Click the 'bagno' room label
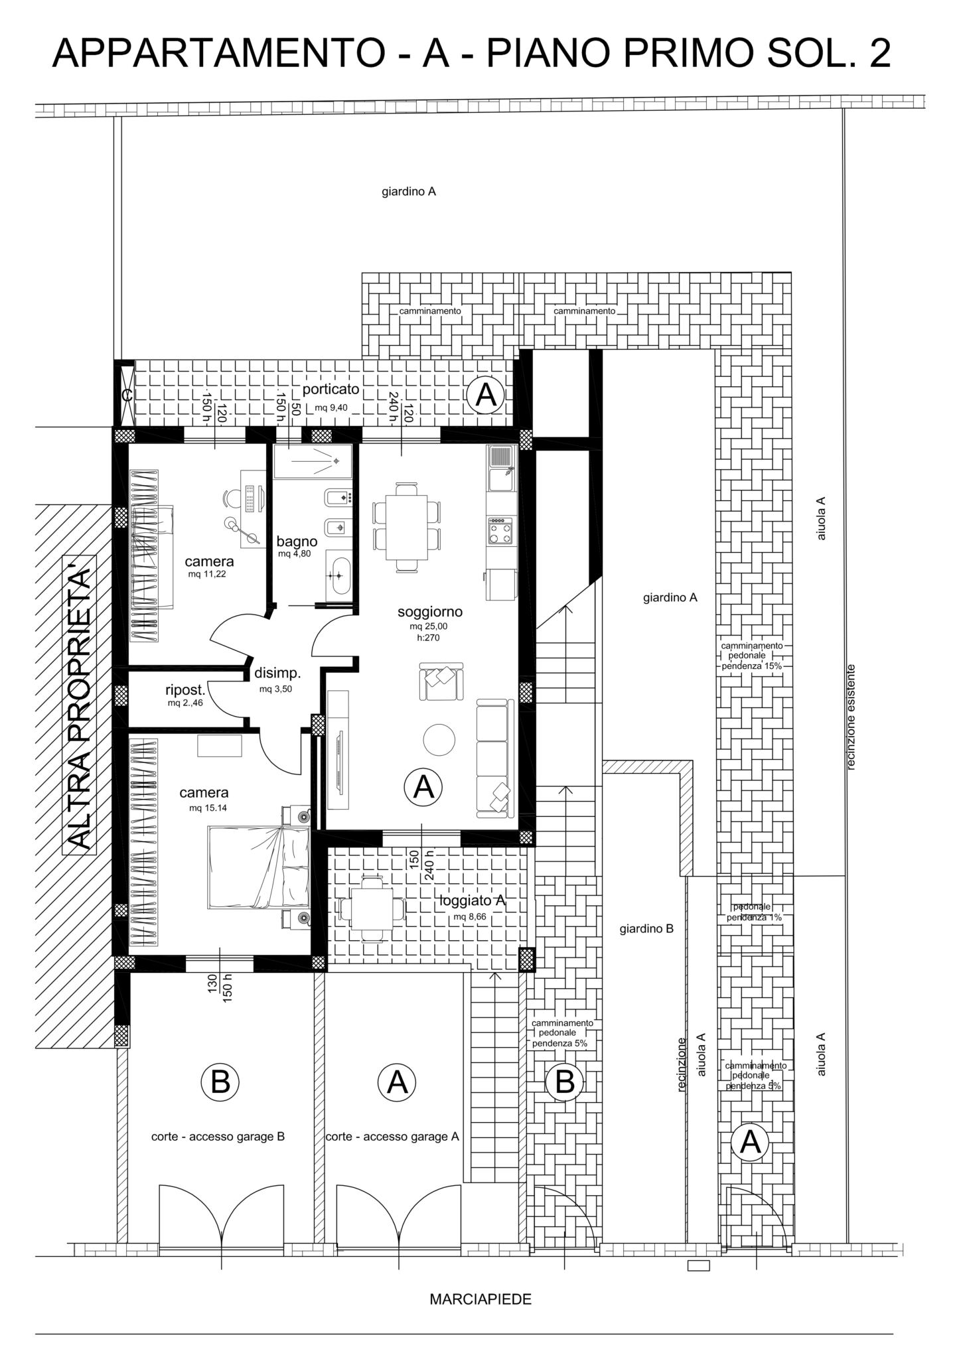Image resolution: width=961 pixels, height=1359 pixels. pyautogui.click(x=297, y=541)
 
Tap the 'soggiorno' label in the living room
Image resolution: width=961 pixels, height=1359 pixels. pyautogui.click(x=430, y=611)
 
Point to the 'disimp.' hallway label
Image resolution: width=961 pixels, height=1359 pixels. pyautogui.click(x=277, y=673)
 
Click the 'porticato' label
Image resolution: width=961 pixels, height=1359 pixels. pyautogui.click(x=331, y=389)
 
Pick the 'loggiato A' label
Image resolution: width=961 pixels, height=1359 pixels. pyautogui.click(x=473, y=900)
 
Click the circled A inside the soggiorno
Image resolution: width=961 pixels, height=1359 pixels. pyautogui.click(x=423, y=787)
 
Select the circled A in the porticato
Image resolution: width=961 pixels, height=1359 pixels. pyautogui.click(x=486, y=395)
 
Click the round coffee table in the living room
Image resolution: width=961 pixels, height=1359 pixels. pyautogui.click(x=439, y=739)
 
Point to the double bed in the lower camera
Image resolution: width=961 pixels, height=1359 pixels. pyautogui.click(x=259, y=867)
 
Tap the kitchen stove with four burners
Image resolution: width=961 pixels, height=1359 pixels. pyautogui.click(x=501, y=530)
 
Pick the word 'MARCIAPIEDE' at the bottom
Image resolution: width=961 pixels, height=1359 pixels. pyautogui.click(x=480, y=1299)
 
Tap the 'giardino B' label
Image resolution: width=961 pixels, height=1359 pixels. pyautogui.click(x=646, y=929)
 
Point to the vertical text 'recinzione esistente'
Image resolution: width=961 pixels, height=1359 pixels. pyautogui.click(x=851, y=717)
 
